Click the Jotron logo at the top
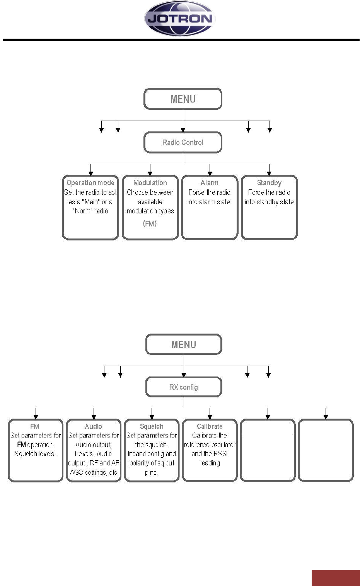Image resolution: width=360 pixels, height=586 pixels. [x=180, y=18]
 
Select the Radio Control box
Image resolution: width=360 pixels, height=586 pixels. [x=183, y=143]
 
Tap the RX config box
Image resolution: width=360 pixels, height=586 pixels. [x=184, y=387]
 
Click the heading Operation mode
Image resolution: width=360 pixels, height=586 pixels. [x=90, y=182]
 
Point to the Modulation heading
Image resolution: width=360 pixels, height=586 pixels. [x=150, y=182]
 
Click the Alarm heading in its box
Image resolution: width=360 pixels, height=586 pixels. [x=209, y=182]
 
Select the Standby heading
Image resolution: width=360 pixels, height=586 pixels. [x=269, y=182]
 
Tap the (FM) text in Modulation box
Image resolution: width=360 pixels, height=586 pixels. [x=150, y=223]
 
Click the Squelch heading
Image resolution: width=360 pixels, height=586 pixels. [x=152, y=426]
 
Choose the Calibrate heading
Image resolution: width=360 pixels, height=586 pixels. [x=210, y=426]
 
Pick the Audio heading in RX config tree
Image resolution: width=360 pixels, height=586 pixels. [x=94, y=426]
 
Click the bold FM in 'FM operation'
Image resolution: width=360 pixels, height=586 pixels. [x=21, y=445]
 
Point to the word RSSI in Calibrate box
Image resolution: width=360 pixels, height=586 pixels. [x=220, y=454]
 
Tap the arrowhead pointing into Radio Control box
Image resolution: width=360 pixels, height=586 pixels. [x=183, y=130]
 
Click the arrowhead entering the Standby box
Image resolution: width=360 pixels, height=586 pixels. [x=269, y=174]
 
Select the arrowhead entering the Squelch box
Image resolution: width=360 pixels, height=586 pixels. [x=152, y=417]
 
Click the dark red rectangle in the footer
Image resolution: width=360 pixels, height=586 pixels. [x=336, y=578]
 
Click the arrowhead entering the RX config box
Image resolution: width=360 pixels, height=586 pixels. [x=184, y=375]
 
